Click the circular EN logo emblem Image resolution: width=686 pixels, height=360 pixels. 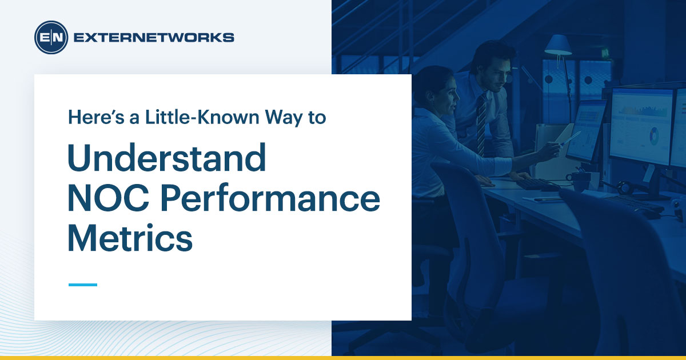point(51,38)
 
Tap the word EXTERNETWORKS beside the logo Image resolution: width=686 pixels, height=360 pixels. point(154,38)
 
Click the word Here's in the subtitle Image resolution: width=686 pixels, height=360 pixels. point(88,117)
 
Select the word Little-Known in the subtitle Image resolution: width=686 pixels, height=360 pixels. point(174,117)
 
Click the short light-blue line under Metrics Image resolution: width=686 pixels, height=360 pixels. point(83,284)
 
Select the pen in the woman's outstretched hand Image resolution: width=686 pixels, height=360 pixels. point(571,138)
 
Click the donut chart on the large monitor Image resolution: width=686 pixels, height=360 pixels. point(653,135)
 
